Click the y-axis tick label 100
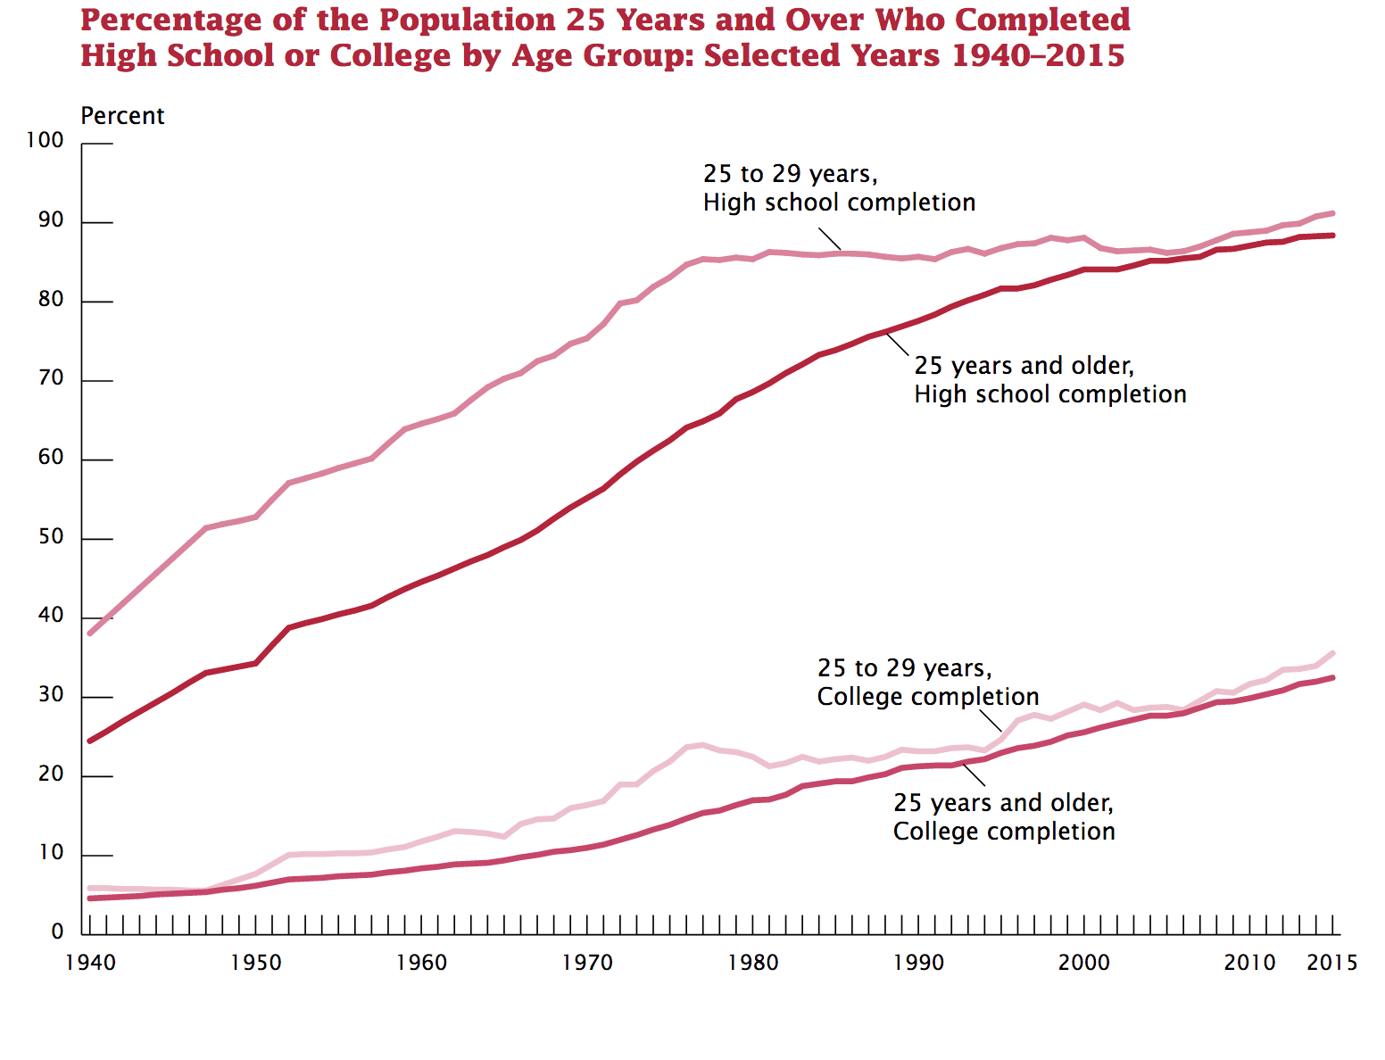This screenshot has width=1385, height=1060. click(x=46, y=140)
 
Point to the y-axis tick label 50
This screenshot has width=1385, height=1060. click(x=51, y=536)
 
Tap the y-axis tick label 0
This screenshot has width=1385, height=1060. click(x=57, y=932)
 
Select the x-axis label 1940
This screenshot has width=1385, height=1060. click(x=90, y=963)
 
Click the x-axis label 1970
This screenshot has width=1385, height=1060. click(x=587, y=963)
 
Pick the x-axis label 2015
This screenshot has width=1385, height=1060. click(x=1332, y=963)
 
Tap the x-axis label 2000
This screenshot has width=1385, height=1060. click(x=1084, y=963)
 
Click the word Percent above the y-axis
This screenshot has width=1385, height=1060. click(x=122, y=116)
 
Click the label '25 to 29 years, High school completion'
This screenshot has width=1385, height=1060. click(x=839, y=188)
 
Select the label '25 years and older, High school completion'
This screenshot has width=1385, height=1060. click(x=1050, y=380)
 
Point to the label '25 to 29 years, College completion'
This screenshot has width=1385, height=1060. click(x=928, y=683)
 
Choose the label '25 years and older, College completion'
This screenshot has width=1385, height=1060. click(x=1004, y=817)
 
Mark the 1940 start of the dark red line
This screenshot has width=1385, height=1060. click(x=90, y=741)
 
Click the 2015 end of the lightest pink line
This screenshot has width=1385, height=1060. click(x=1333, y=653)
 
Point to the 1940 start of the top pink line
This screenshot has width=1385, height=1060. click(x=90, y=634)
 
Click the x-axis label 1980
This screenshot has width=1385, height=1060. click(x=753, y=963)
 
